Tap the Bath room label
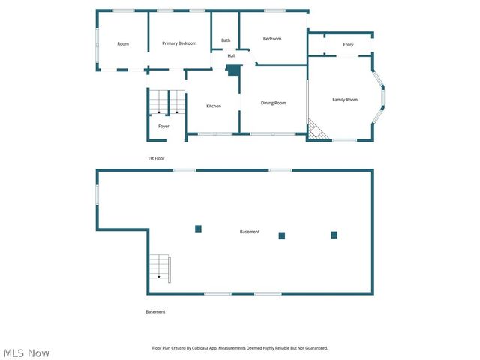tap(226, 40)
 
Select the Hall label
tap(232, 55)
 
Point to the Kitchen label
tap(214, 106)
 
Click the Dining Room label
tap(273, 103)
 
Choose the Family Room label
tap(345, 100)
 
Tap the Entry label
tap(348, 45)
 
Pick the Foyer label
tap(163, 126)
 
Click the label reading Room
tap(123, 44)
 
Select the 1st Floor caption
tap(156, 158)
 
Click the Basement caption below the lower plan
tap(155, 311)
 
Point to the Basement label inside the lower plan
tap(250, 232)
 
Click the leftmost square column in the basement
tap(198, 229)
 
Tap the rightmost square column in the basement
tap(334, 235)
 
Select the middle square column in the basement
tap(282, 235)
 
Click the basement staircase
tap(160, 267)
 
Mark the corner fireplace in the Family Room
tap(316, 132)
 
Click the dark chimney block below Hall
tap(233, 70)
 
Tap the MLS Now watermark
tap(26, 352)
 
